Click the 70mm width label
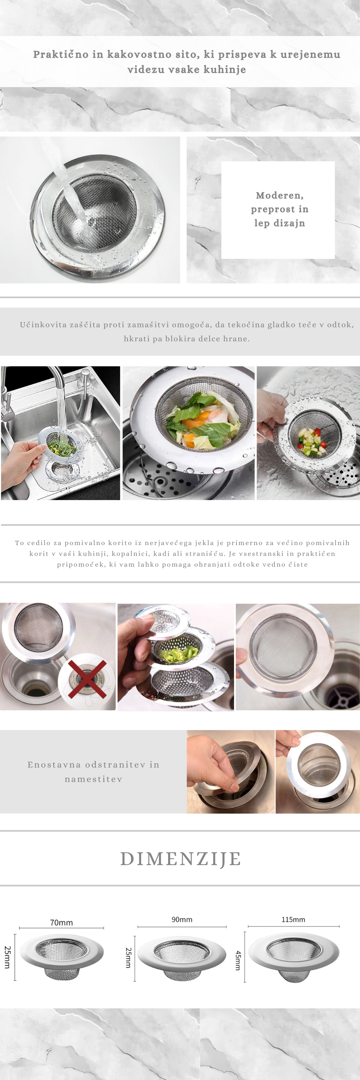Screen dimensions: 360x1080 tap(62, 922)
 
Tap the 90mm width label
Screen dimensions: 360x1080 tap(182, 919)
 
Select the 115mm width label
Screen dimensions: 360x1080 tap(293, 919)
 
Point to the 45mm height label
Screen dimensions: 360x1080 tap(238, 960)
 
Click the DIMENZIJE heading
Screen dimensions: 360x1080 tap(181, 859)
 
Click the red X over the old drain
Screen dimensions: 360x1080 tap(87, 679)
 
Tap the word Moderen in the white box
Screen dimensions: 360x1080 tap(279, 195)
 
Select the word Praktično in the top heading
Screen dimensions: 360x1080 tap(61, 54)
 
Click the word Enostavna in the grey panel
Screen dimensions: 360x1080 tap(54, 764)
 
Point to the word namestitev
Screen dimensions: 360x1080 tap(94, 779)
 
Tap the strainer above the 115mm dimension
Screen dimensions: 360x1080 tap(294, 957)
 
